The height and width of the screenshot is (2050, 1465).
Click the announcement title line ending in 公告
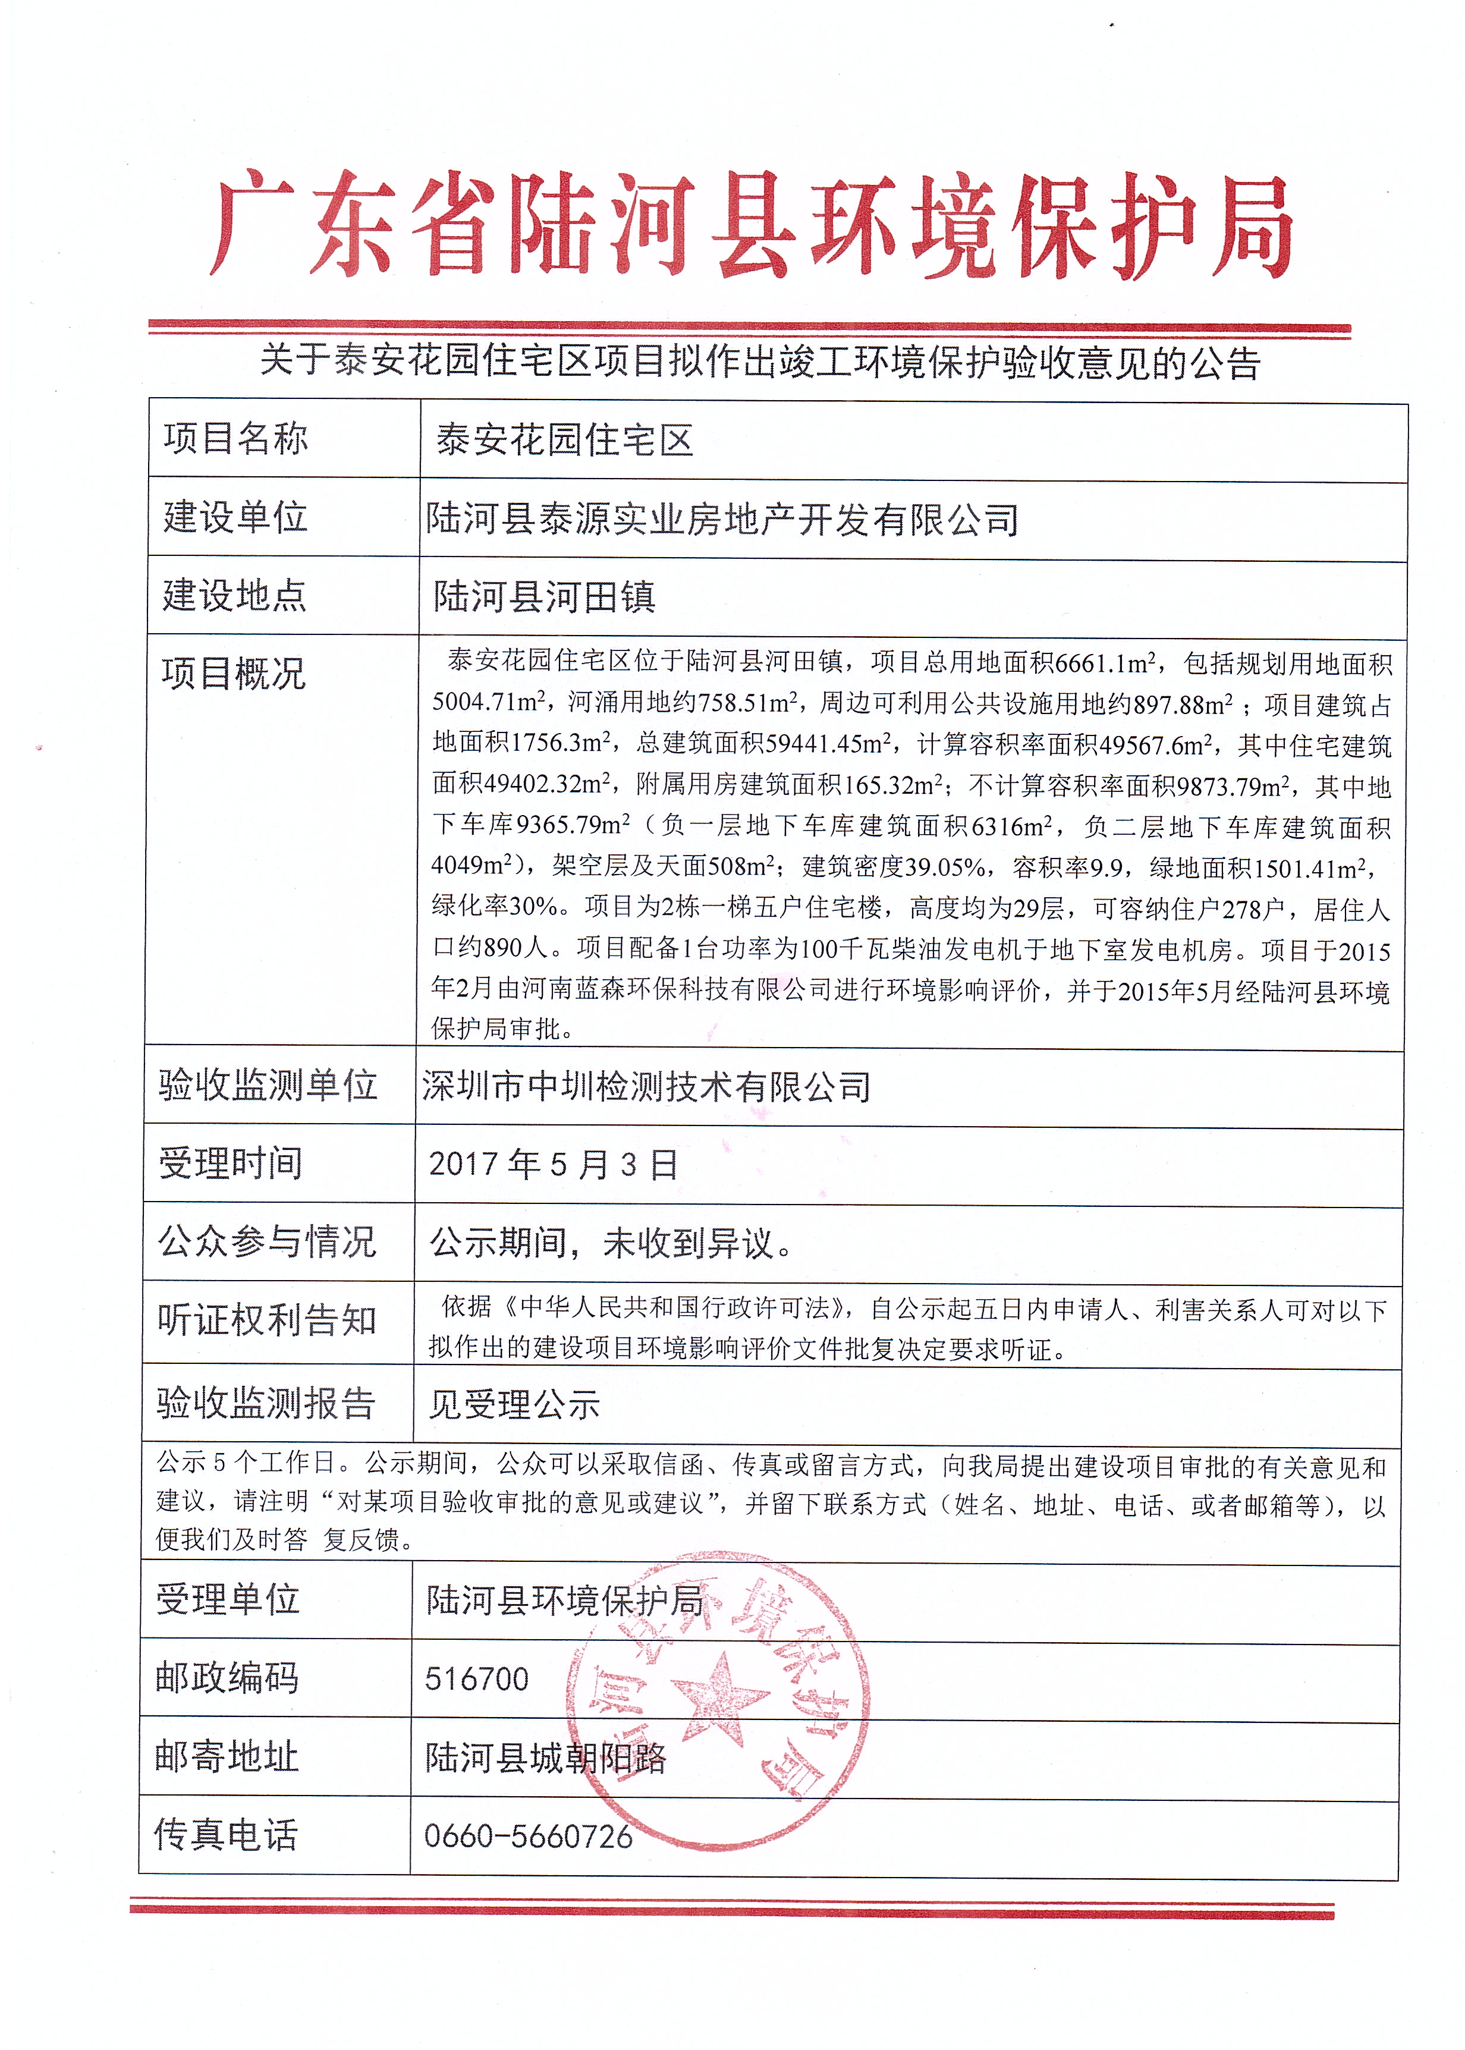coord(760,363)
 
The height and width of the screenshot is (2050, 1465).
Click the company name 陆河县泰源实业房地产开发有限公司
coord(722,520)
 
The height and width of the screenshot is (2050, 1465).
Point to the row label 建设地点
coord(234,595)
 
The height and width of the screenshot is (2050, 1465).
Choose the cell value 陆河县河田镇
coord(544,597)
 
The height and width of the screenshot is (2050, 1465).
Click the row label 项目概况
coord(234,673)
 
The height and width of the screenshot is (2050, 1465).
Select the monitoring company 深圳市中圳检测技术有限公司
coord(646,1087)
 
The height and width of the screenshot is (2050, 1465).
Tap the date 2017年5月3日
coord(553,1164)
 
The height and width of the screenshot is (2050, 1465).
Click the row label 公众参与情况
coord(266,1242)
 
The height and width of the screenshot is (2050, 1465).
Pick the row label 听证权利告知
coord(266,1320)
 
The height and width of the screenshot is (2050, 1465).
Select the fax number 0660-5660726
coord(528,1836)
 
